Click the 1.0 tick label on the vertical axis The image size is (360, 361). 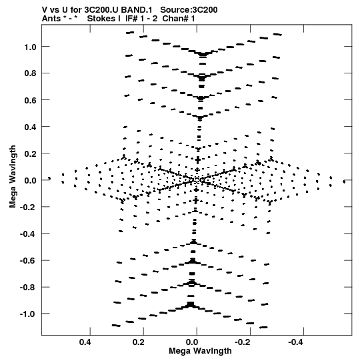(x=31, y=47)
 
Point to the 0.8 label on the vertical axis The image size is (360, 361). (x=31, y=73)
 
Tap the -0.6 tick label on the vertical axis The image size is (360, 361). (x=28, y=261)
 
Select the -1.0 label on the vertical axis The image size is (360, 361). (x=28, y=314)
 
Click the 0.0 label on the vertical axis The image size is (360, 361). (x=31, y=180)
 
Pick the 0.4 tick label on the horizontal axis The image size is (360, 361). (x=85, y=342)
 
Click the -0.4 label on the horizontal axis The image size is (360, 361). (x=295, y=342)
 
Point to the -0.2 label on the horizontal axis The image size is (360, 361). (x=243, y=342)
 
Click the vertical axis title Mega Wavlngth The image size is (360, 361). (x=13, y=177)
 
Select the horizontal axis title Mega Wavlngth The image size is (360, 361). (x=200, y=351)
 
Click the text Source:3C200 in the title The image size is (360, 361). (x=189, y=10)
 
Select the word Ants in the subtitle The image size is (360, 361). (x=51, y=19)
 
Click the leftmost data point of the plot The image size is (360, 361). (x=49, y=178)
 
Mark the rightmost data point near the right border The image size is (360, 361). (x=344, y=182)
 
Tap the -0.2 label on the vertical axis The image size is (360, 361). (x=28, y=208)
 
